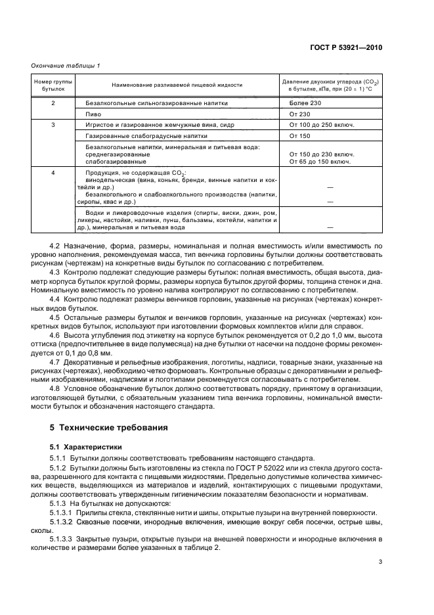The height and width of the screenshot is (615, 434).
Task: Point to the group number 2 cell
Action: coord(53,103)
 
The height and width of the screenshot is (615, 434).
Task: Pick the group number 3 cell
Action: coord(53,125)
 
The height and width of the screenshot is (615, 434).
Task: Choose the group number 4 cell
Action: coord(53,173)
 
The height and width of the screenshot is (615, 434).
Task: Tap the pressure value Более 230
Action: coord(305,103)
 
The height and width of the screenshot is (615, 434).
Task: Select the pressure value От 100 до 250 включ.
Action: coord(322,125)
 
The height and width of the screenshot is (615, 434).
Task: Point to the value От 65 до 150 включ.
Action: coord(320,162)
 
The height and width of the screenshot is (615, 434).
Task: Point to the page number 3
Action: coord(380,562)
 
